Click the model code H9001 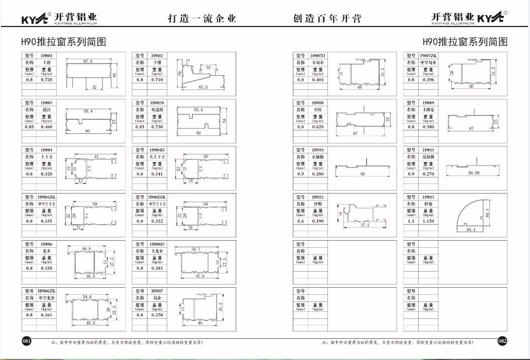pyautogui.click(x=47, y=55)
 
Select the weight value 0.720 pyautogui.click(x=47, y=80)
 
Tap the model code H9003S pyautogui.click(x=158, y=102)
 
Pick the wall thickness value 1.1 pyautogui.click(x=411, y=221)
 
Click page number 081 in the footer pyautogui.click(x=27, y=341)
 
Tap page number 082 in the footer pyautogui.click(x=502, y=341)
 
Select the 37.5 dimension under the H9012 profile pyautogui.click(x=364, y=226)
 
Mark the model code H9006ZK pyautogui.click(x=47, y=291)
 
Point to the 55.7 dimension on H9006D pyautogui.click(x=196, y=249)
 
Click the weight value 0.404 pyautogui.click(x=318, y=80)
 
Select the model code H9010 pyautogui.click(x=318, y=150)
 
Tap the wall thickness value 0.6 pyautogui.click(x=300, y=221)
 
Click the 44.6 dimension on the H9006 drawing pyautogui.click(x=87, y=249)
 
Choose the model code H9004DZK pyautogui.click(x=157, y=197)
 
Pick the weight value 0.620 pyautogui.click(x=318, y=127)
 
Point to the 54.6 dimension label pyautogui.click(x=87, y=297)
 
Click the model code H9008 pyautogui.click(x=318, y=102)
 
